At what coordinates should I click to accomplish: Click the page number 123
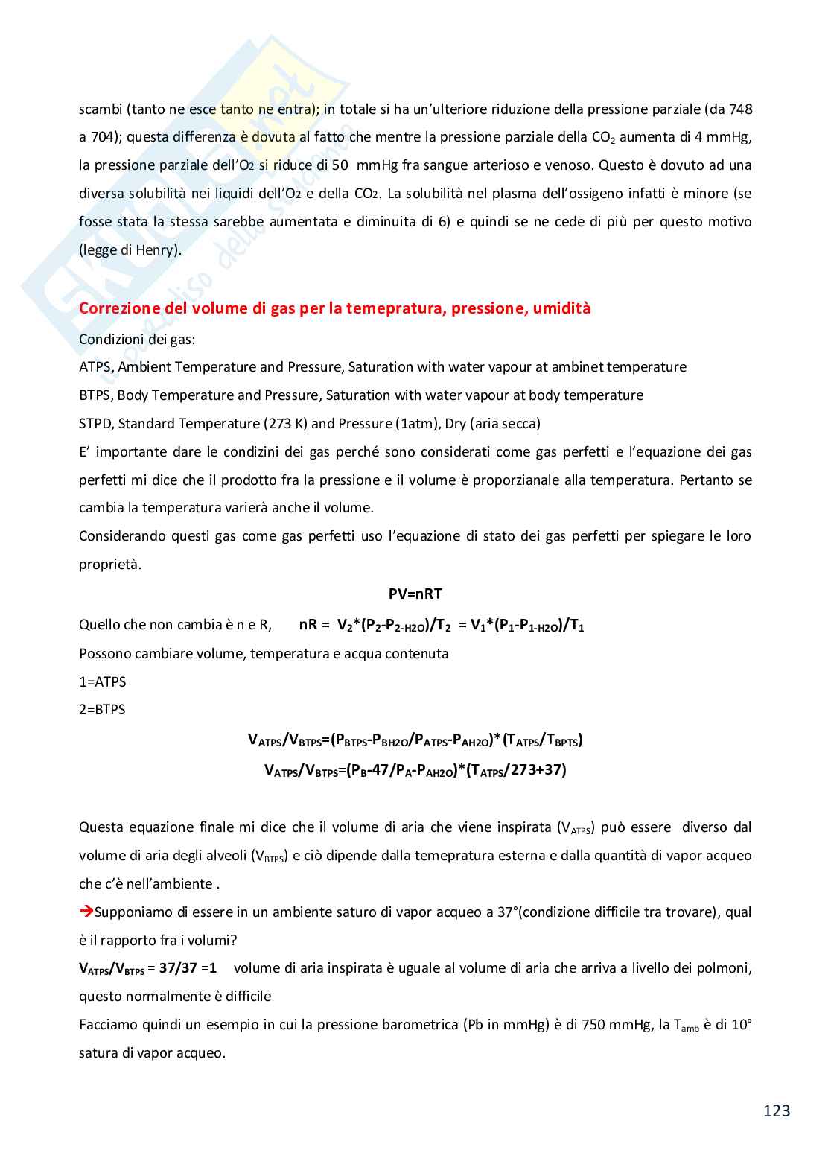[x=776, y=1110]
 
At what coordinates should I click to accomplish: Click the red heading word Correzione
[x=115, y=308]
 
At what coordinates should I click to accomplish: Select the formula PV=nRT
[x=415, y=594]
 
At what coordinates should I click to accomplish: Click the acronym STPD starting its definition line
[x=96, y=424]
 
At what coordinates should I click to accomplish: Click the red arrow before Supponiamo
[x=86, y=912]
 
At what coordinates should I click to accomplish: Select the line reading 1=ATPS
[x=103, y=681]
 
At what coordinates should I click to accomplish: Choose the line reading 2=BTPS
[x=102, y=710]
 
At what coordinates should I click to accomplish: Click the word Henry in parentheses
[x=157, y=250]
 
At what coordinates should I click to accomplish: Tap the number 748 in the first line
[x=740, y=109]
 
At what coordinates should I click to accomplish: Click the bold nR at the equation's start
[x=308, y=625]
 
